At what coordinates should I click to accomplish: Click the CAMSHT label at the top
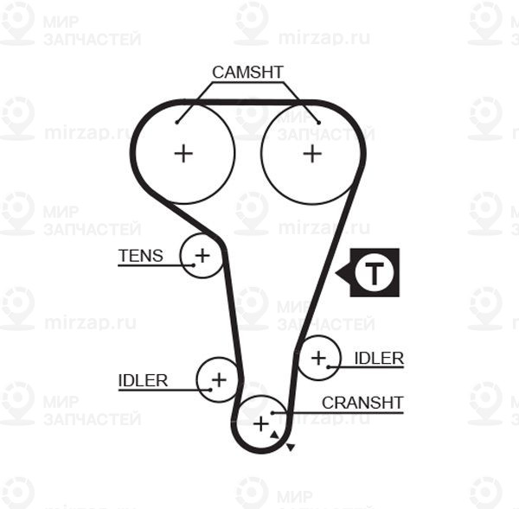point(247,73)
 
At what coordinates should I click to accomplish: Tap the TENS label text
point(141,256)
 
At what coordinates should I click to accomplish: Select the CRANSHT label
point(362,403)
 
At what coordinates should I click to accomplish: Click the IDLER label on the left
point(143,381)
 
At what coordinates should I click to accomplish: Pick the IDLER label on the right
point(379,359)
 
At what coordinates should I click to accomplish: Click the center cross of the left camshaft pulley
point(183,154)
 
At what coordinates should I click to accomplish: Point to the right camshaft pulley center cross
point(312,154)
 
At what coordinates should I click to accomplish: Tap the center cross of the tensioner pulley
point(202,256)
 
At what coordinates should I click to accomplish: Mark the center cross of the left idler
point(219,379)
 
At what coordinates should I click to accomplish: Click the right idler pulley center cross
point(318,358)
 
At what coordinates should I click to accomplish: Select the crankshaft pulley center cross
point(261,424)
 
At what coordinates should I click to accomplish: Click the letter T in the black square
point(375,273)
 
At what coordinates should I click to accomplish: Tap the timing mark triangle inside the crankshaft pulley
point(274,435)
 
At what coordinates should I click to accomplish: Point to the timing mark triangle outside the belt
point(291,447)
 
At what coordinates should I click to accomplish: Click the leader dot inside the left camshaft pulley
point(177,123)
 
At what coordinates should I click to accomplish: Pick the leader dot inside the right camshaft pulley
point(318,123)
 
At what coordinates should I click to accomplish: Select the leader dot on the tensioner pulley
point(194,265)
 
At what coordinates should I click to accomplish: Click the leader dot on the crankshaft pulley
point(272,413)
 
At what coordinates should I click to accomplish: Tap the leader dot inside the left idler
point(210,390)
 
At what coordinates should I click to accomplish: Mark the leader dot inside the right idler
point(329,367)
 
